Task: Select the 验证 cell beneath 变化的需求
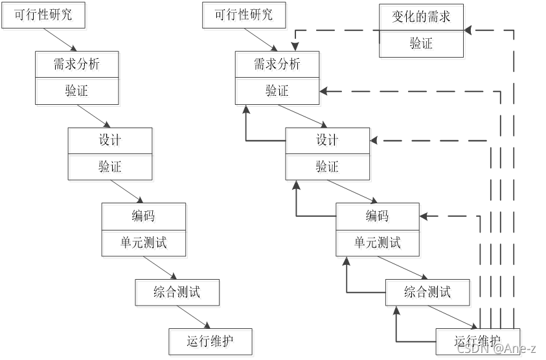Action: (x=421, y=44)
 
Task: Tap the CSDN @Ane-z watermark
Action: (x=495, y=348)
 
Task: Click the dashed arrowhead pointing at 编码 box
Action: (x=425, y=216)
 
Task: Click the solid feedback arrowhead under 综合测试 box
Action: (x=396, y=310)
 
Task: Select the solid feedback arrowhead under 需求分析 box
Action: (x=246, y=109)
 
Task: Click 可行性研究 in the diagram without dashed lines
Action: (x=43, y=15)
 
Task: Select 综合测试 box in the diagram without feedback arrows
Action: (x=177, y=292)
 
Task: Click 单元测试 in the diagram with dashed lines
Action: (x=378, y=242)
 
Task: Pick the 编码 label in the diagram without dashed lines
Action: (x=143, y=216)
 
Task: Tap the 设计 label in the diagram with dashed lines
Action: (x=327, y=140)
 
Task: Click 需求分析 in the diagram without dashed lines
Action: (x=77, y=64)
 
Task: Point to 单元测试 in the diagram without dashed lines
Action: (x=143, y=242)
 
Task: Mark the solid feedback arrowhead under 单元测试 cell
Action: (x=346, y=260)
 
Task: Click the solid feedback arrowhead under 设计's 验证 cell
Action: (x=296, y=185)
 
